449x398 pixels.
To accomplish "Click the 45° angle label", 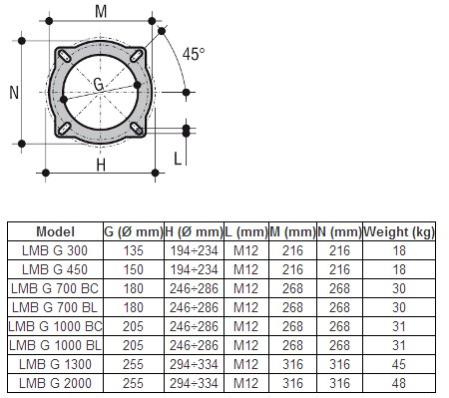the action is click(194, 54).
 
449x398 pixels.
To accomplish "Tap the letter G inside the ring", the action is click(99, 85).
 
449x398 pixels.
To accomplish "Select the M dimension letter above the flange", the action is click(101, 12).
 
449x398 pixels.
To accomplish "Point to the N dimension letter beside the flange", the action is click(14, 93).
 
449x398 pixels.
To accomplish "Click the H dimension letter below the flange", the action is click(101, 165).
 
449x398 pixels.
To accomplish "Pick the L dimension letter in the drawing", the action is click(178, 159).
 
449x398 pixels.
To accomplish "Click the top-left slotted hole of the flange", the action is click(64, 56).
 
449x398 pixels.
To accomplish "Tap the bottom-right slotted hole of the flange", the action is click(137, 129).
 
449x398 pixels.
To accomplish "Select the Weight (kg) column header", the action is click(399, 231).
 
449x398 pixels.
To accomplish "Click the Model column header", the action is click(55, 231).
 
